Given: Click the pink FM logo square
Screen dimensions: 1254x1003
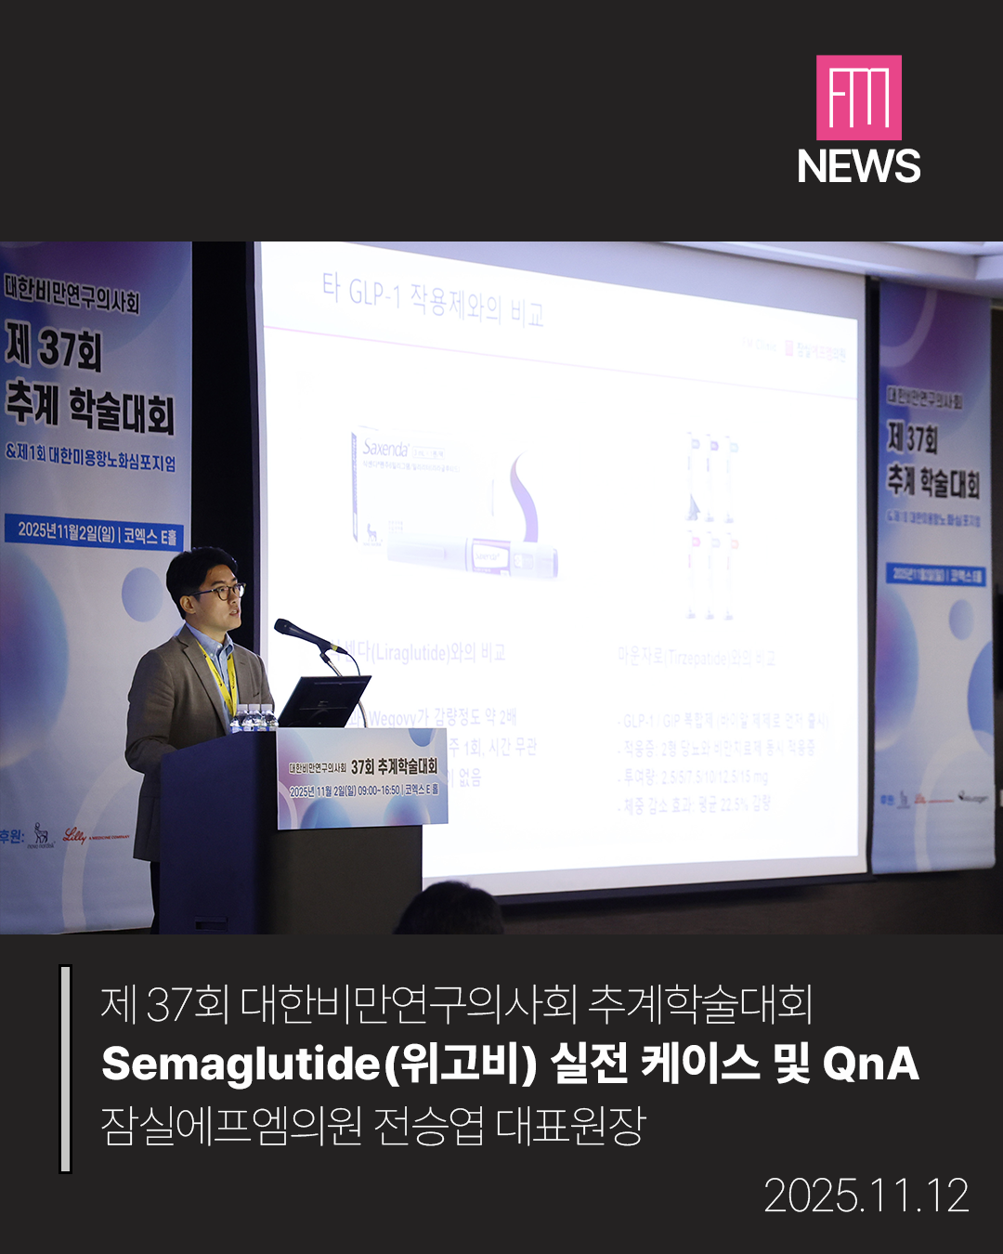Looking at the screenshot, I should [858, 98].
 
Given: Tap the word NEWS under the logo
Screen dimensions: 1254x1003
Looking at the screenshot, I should [858, 167].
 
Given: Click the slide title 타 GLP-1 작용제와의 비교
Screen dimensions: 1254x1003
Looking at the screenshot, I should [433, 300].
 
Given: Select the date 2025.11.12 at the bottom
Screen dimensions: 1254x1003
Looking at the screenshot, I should [866, 1195].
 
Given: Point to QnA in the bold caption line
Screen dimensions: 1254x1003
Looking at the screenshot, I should [870, 1064].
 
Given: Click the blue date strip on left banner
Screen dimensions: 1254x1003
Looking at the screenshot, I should [97, 533].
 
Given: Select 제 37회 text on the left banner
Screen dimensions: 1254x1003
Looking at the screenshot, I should [54, 346].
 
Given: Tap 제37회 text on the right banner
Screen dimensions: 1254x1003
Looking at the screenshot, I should [912, 437].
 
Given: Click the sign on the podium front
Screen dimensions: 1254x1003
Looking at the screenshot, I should [363, 777].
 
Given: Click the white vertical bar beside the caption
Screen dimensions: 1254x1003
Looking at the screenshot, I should [65, 1068].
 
